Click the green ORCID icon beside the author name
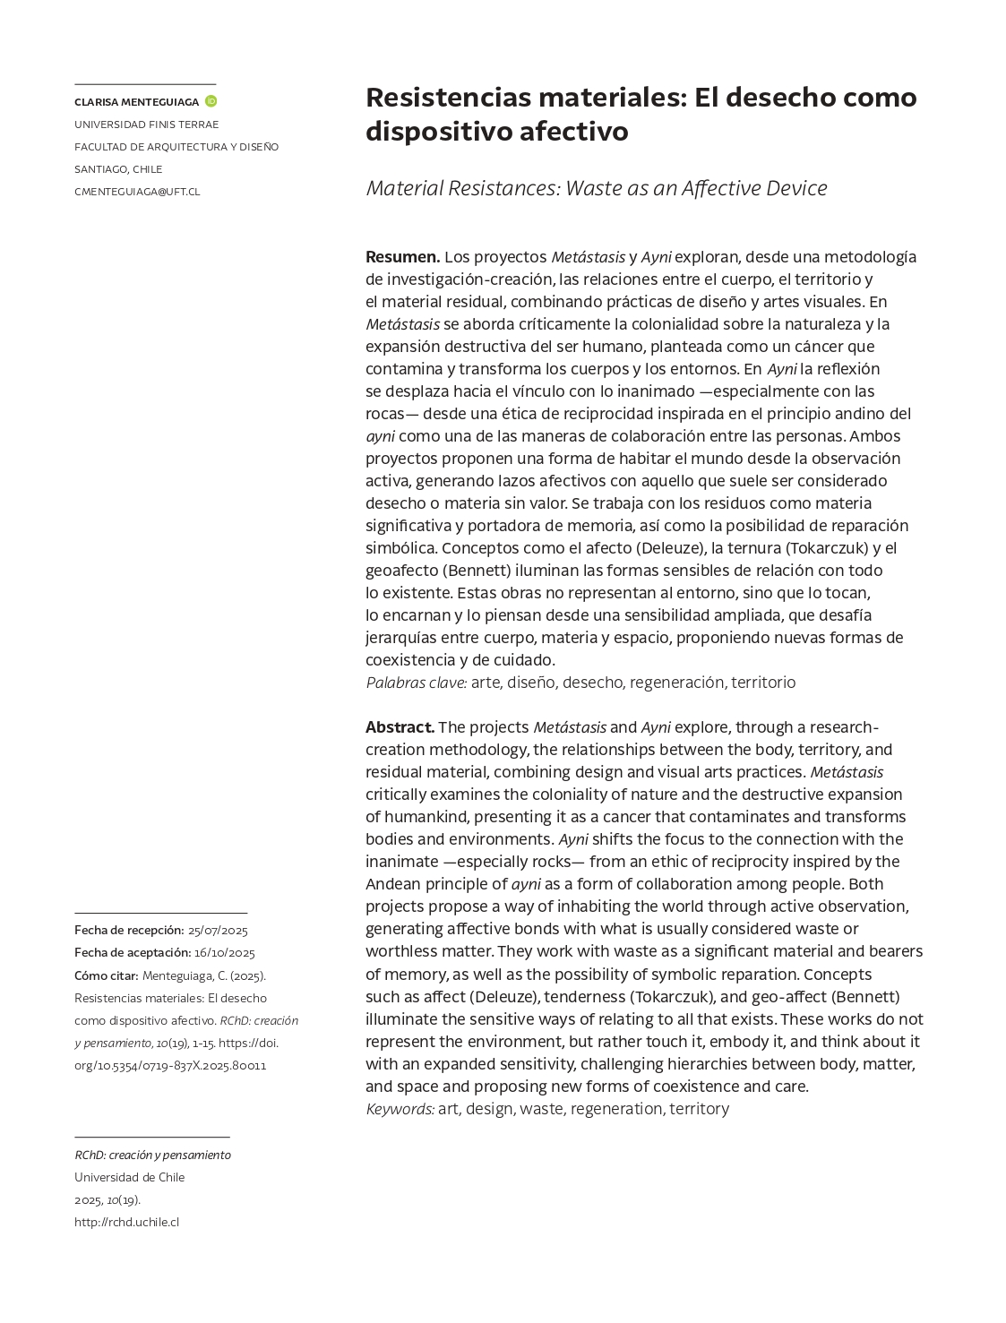(x=211, y=101)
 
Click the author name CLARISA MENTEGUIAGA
(x=136, y=102)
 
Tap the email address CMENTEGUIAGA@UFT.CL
(x=137, y=192)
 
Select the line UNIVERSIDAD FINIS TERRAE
(x=146, y=125)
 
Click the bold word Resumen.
(x=402, y=257)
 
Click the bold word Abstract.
(x=400, y=727)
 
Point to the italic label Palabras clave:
(x=416, y=683)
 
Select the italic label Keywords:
(x=400, y=1109)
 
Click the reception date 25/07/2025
(x=218, y=931)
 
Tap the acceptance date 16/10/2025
(x=225, y=953)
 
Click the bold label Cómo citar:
(x=106, y=975)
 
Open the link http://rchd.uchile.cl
(x=126, y=1222)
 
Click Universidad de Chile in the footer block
(x=129, y=1177)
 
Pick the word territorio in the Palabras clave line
(x=762, y=683)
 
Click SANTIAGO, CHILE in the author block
(x=118, y=169)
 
